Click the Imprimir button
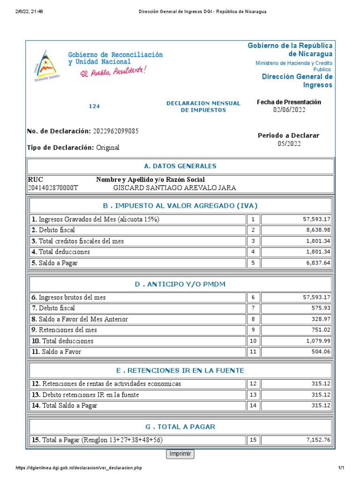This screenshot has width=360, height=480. (180, 454)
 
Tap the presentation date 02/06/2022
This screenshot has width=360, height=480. (289, 110)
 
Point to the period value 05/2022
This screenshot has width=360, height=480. (289, 144)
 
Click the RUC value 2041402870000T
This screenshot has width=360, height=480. (53, 188)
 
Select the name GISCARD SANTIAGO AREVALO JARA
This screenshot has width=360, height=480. (175, 188)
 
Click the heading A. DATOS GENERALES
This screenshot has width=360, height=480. (180, 166)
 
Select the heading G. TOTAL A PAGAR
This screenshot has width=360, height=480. (180, 427)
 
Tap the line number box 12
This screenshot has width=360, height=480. (253, 384)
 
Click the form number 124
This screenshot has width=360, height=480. (94, 106)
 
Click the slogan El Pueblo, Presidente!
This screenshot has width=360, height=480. (112, 72)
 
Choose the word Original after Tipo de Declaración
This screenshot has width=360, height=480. (108, 148)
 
